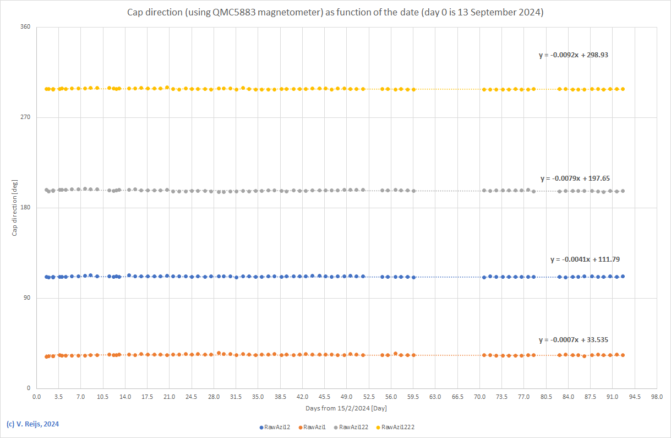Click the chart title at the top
point(335,12)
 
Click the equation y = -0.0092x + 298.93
point(573,55)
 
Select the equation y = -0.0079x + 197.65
point(575,179)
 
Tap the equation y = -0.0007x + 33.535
point(574,340)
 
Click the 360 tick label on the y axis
point(25,27)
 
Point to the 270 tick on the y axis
point(25,117)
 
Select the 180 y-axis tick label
point(25,208)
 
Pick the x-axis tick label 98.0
point(657,397)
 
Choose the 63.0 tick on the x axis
point(435,397)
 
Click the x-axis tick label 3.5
point(59,397)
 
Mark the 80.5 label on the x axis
point(546,397)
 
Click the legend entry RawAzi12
point(277,427)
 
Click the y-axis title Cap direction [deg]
point(15,208)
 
